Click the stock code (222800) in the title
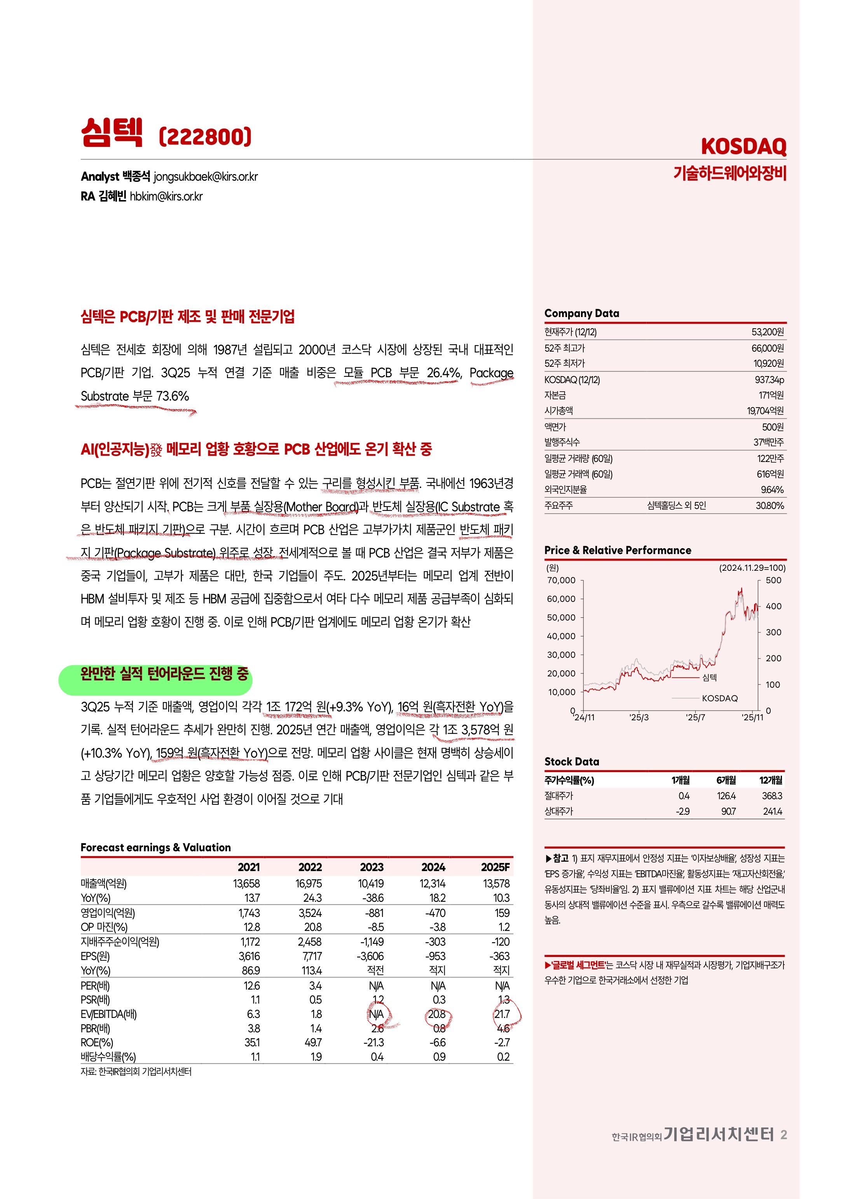click(205, 137)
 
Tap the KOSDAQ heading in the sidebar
click(743, 147)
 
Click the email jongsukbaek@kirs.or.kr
click(205, 176)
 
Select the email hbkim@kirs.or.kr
click(166, 196)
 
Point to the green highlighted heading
click(164, 674)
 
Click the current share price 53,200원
click(768, 332)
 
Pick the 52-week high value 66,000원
click(768, 348)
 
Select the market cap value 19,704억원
click(765, 411)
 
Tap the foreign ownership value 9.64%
click(772, 490)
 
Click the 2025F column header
click(495, 868)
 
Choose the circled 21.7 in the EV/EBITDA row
click(502, 1014)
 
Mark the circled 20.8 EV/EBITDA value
click(437, 1014)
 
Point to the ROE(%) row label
click(97, 1042)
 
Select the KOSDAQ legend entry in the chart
click(719, 698)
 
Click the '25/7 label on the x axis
click(695, 718)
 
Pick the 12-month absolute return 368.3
click(772, 796)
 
